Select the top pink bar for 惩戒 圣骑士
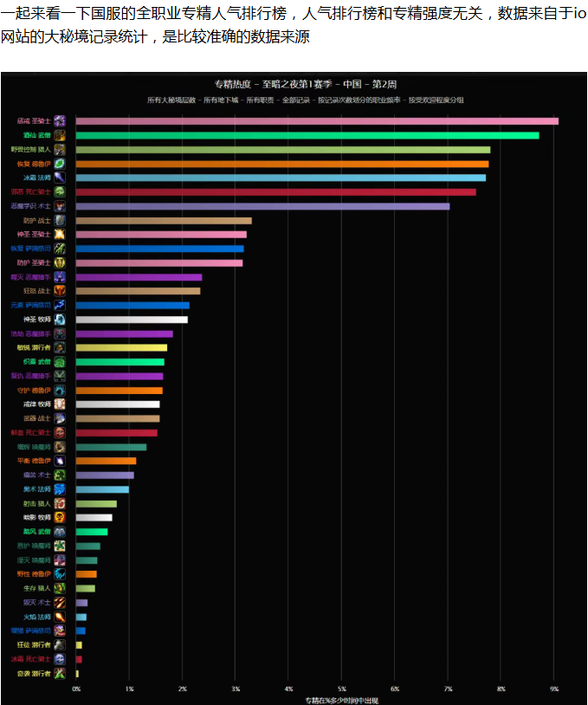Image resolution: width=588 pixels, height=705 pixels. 316,121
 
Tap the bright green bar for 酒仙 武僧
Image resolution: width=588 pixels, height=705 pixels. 307,135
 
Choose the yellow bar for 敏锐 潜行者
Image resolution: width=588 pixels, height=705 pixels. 121,347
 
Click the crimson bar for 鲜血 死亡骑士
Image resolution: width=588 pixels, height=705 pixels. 116,432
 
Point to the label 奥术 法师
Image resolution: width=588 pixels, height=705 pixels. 35,489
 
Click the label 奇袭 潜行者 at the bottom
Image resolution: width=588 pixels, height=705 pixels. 35,673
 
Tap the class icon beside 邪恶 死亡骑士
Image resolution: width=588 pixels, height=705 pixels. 60,191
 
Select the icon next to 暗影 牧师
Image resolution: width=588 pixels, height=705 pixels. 60,517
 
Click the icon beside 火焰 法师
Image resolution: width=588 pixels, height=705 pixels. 60,617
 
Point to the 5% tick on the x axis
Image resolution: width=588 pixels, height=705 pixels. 342,689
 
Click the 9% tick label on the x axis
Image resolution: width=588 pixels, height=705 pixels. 554,689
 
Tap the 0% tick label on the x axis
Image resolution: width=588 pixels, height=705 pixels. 76,689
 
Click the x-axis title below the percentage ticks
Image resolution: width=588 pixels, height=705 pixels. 341,699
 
